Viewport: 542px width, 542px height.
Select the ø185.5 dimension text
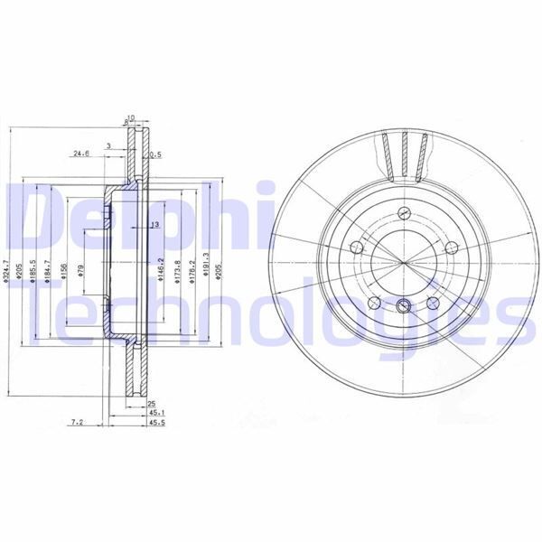click(33, 271)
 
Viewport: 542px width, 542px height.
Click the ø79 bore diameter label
click(82, 271)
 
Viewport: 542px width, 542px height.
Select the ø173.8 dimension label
click(177, 271)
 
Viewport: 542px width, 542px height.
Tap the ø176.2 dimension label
click(192, 271)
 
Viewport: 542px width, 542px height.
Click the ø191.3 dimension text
click(207, 269)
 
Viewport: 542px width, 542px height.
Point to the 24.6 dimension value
click(80, 154)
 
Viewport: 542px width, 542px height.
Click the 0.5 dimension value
click(154, 154)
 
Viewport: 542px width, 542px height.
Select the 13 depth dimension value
click(154, 224)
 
